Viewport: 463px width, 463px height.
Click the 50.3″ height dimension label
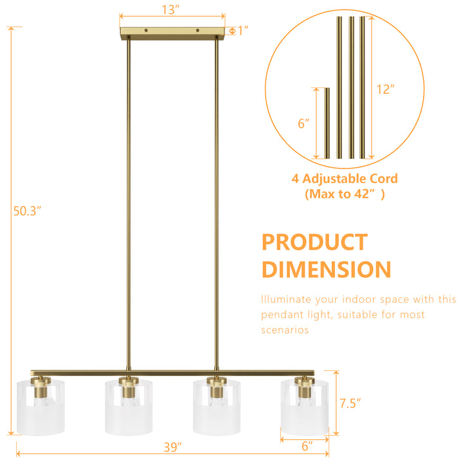click(x=27, y=211)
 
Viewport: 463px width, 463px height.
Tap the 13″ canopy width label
click(x=170, y=10)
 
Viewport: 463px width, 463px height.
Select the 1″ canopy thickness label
click(x=243, y=30)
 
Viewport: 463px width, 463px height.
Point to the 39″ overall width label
click(x=173, y=448)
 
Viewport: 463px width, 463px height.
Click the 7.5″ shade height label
click(x=350, y=403)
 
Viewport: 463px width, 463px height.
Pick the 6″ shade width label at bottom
click(x=307, y=446)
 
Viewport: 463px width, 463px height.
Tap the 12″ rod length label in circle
click(x=385, y=89)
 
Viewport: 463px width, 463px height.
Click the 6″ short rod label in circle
click(x=304, y=123)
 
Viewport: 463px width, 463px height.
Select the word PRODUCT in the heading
click(x=314, y=242)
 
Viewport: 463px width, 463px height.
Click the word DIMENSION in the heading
click(x=326, y=269)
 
